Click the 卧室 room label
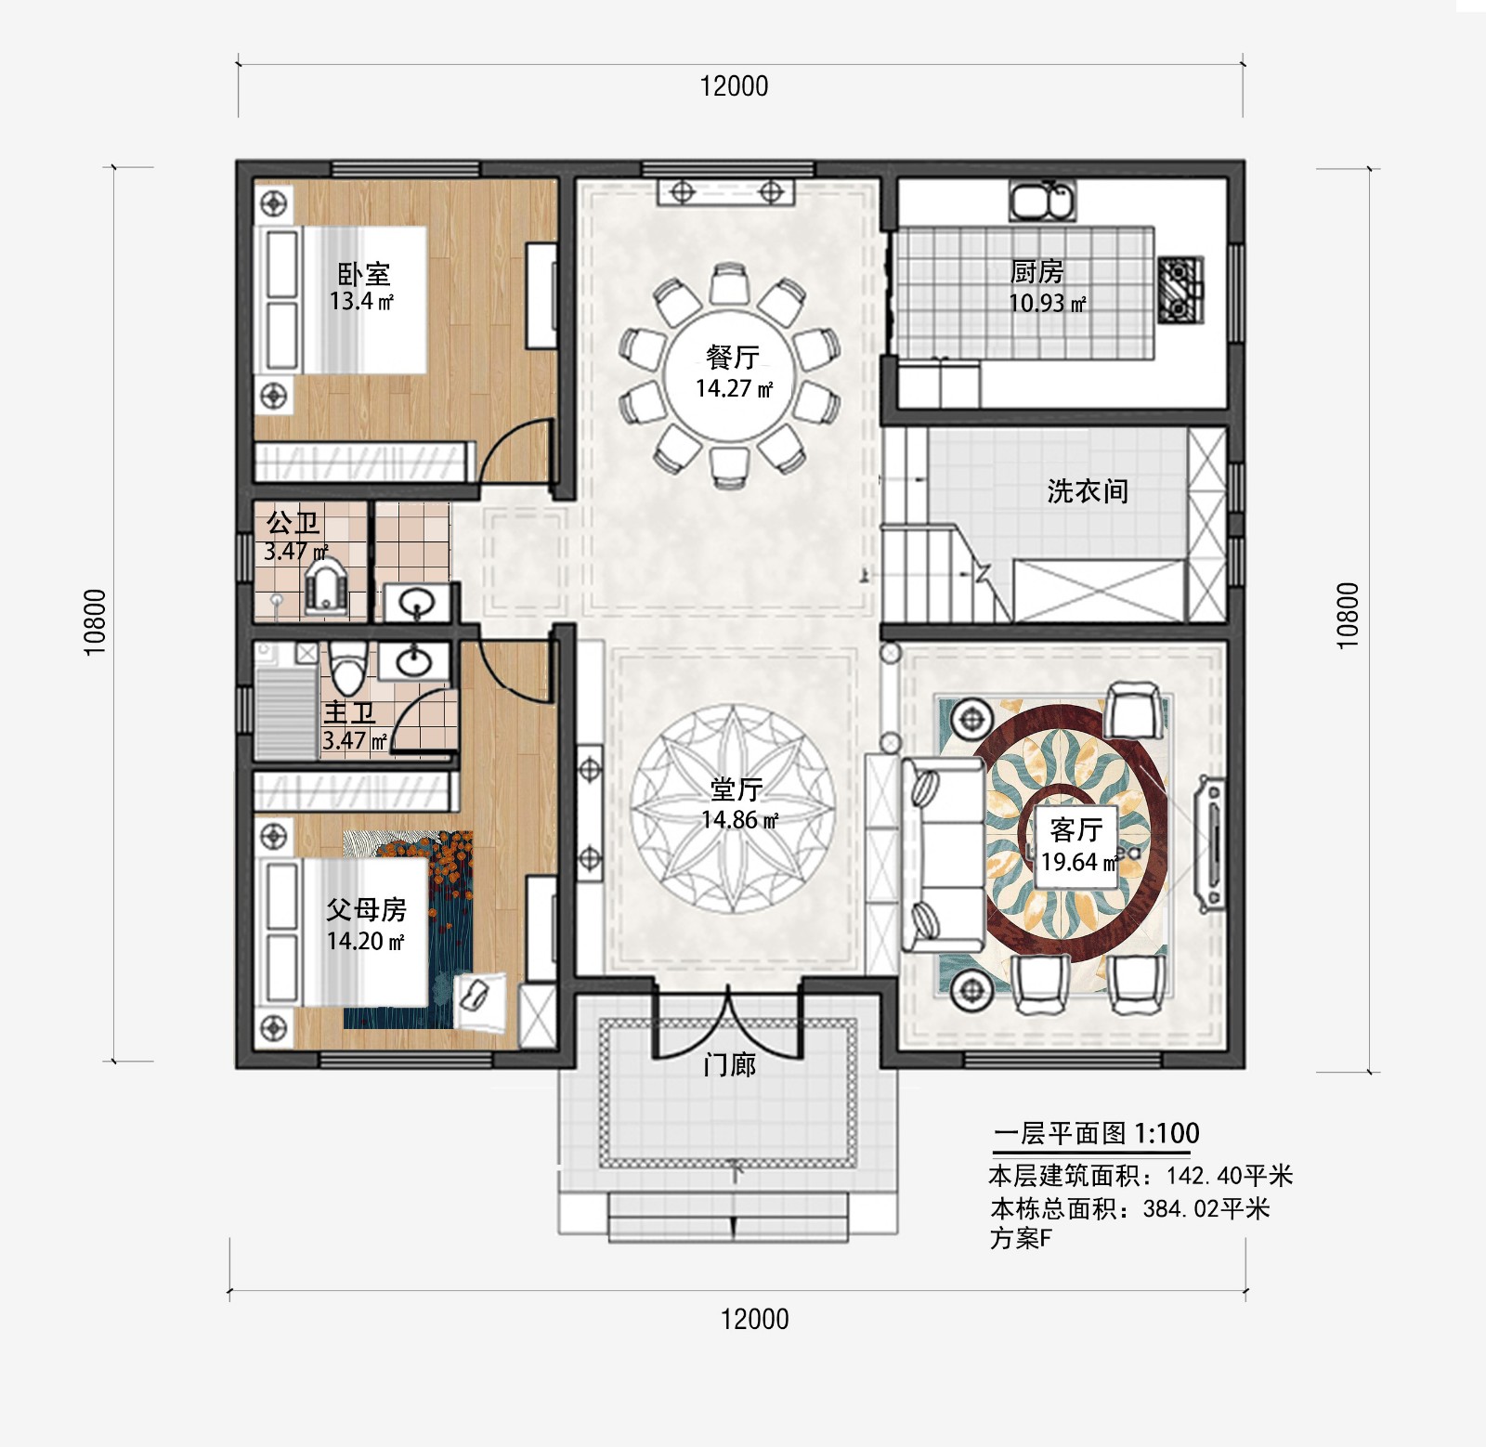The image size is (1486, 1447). coord(363,274)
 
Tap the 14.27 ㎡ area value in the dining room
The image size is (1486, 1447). coord(733,389)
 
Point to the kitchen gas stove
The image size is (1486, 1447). coord(1180,290)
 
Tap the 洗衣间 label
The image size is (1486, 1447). coord(1087,491)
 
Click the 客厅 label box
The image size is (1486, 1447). coord(1077,844)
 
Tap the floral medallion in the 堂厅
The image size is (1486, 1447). coord(734,808)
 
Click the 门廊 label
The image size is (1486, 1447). coord(729,1064)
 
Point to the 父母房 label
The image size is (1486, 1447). coord(366,909)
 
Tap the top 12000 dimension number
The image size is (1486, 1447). coord(734,86)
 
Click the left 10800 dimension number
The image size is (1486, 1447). coord(96,621)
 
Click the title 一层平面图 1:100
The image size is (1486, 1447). coord(1096,1133)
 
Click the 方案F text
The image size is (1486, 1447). coord(1021,1238)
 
